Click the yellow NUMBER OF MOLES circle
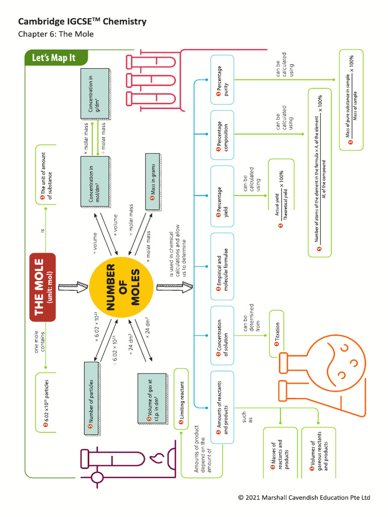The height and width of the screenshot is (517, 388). [120, 287]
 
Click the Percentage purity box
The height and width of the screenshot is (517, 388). [222, 79]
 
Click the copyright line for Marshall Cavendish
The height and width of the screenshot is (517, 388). [304, 498]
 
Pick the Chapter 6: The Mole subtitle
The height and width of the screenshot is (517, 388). [56, 34]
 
